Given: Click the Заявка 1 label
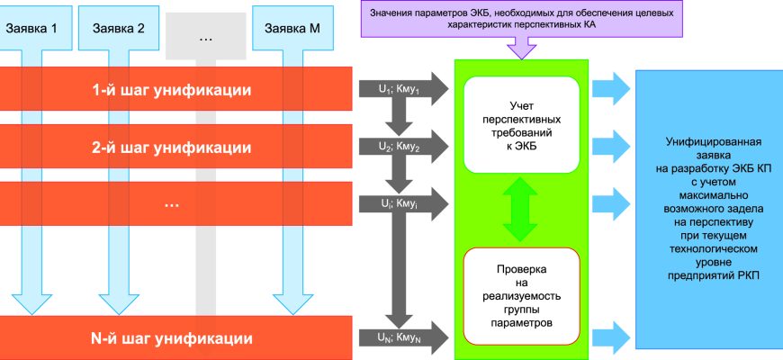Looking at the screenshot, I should pos(31,28).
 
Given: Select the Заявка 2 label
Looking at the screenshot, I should pos(119,28).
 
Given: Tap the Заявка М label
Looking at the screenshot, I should pos(292,28).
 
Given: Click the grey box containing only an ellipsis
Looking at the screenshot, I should pos(205,38).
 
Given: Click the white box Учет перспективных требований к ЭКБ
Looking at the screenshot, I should pos(522,124).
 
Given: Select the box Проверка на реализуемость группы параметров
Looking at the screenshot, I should pos(522,295).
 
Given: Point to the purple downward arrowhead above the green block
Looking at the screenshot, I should pos(521,51).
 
